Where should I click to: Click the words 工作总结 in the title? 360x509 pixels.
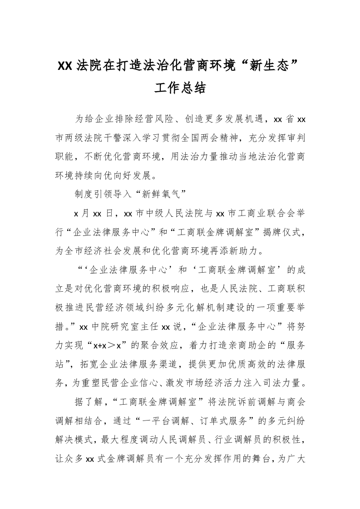point(180,88)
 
